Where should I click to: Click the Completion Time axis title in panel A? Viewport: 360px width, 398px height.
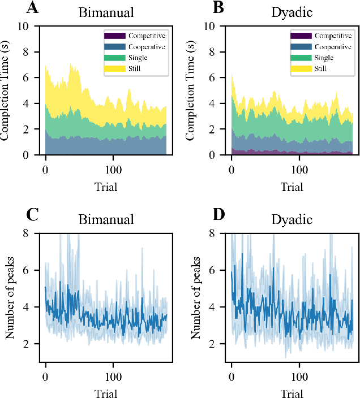click(10, 90)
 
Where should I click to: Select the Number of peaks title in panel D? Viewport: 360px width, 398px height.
click(196, 297)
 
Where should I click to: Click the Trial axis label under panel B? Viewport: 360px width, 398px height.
click(292, 186)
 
